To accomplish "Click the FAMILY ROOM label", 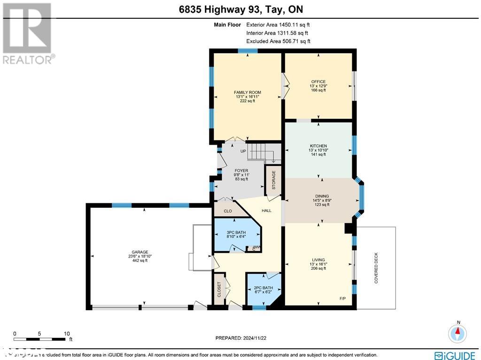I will coord(248,93).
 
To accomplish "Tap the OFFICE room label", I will coord(318,82).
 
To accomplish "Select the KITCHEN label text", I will coord(318,146).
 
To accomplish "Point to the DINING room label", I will coord(322,196).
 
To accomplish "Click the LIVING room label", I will coord(318,260).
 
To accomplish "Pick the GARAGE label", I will coord(140,252).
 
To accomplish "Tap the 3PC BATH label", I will coord(236,232).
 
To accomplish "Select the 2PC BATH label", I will coord(263,288).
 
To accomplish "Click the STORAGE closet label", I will coord(273,180).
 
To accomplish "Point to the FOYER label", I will coord(241,171).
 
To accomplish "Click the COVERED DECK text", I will coord(376,268).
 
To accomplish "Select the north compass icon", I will coord(457,333).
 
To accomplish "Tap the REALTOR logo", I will coord(28,33).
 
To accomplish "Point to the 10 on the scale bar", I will coord(67,333).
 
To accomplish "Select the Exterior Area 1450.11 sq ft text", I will coord(278,25).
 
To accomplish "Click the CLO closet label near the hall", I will coord(228,211).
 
